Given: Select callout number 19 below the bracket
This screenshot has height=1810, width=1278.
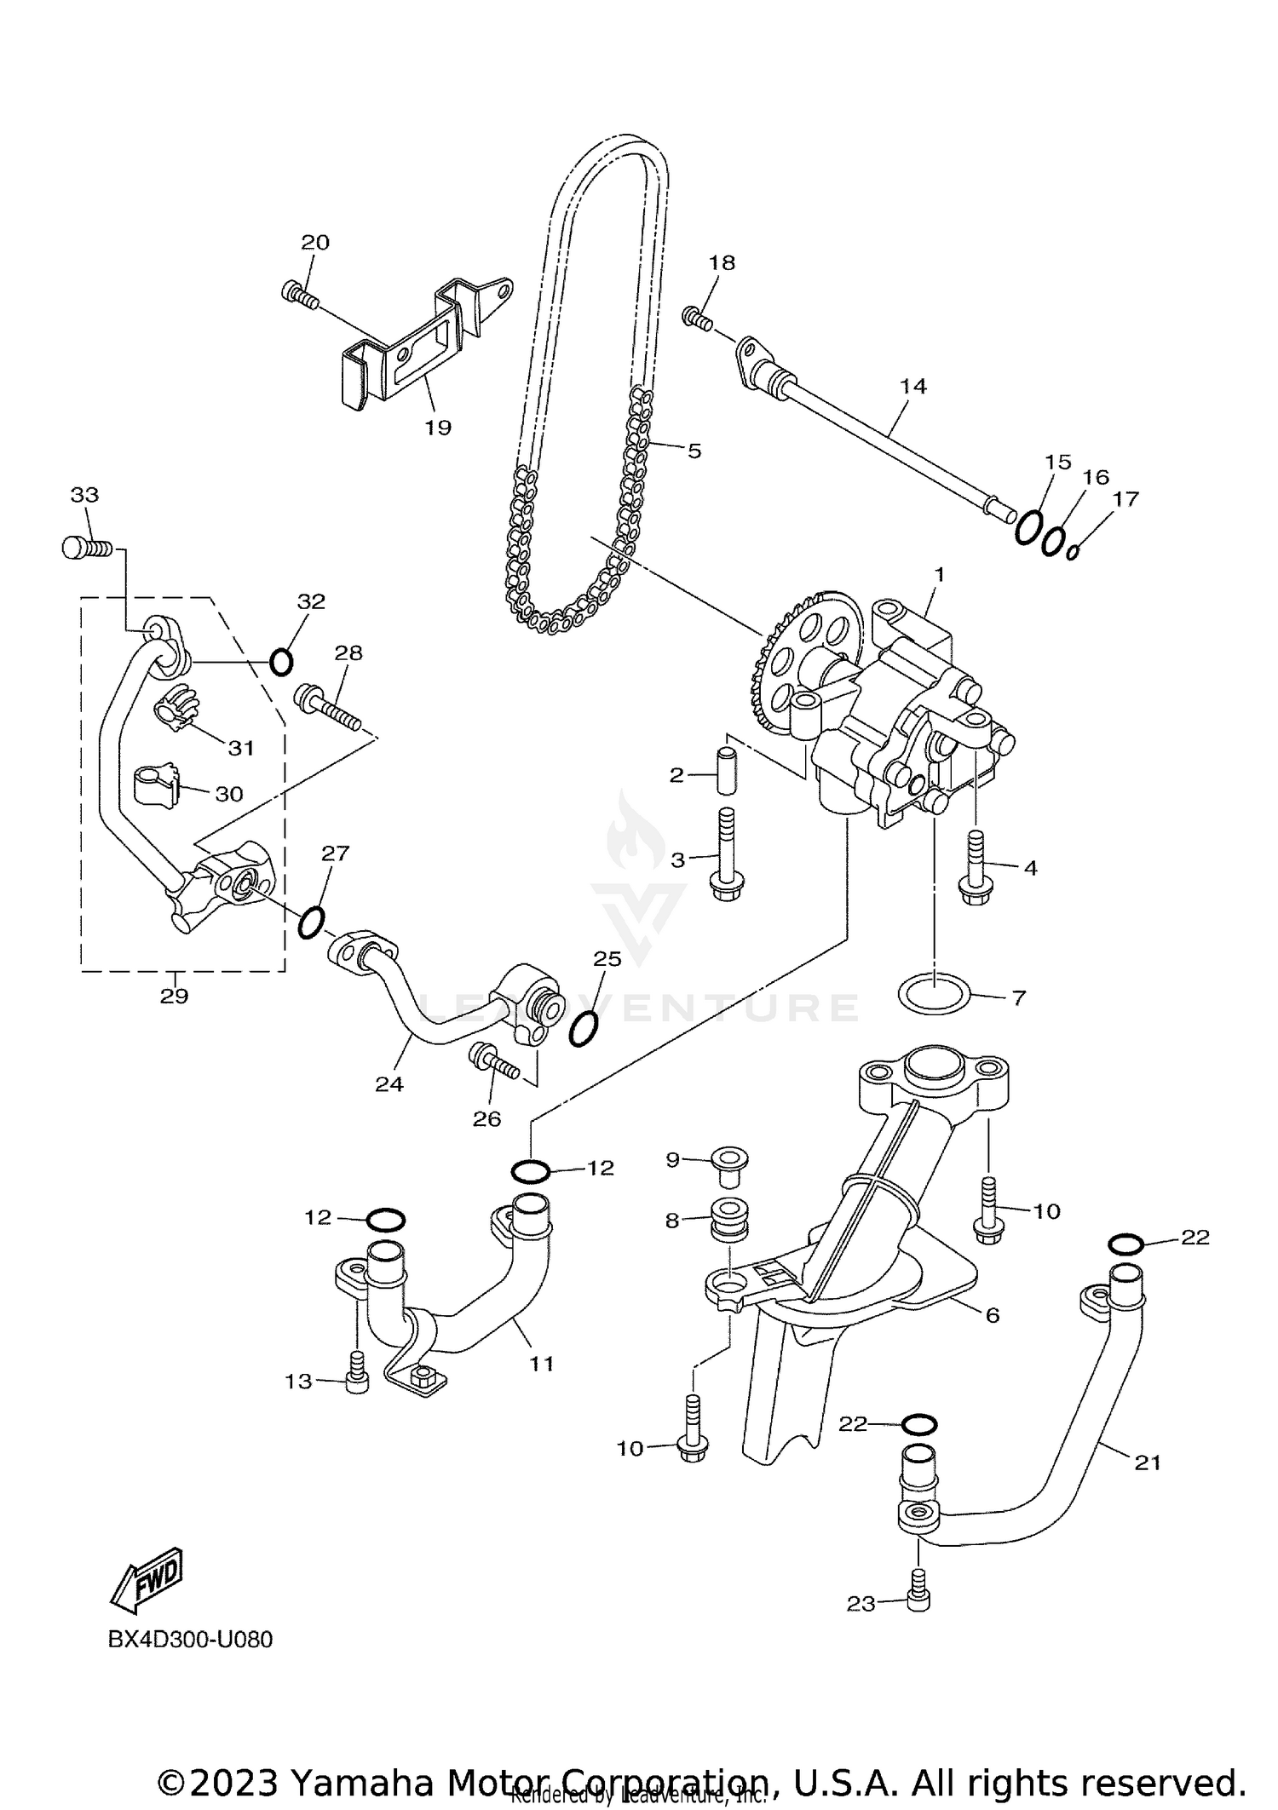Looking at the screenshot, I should (x=438, y=428).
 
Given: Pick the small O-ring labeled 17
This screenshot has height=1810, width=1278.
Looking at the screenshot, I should (x=1073, y=552).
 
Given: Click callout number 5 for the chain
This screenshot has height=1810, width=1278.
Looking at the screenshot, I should (x=694, y=451).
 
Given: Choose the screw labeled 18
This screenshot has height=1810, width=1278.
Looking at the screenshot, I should (x=696, y=319).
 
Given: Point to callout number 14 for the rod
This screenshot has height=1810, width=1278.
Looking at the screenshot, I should (x=912, y=386).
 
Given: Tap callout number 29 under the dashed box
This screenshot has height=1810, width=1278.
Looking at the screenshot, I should (x=174, y=996).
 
